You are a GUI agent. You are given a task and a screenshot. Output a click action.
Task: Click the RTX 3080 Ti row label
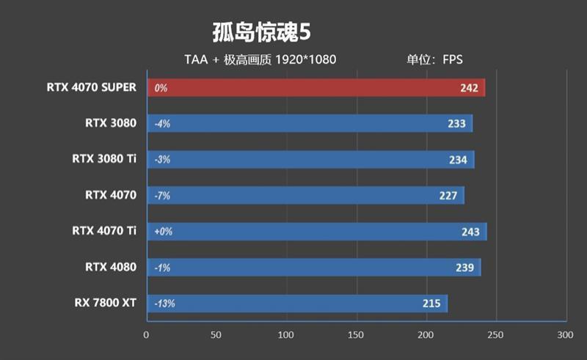tap(104, 159)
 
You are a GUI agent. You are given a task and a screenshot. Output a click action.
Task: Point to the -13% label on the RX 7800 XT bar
tap(164, 304)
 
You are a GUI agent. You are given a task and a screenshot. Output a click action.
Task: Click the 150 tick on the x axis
tap(356, 335)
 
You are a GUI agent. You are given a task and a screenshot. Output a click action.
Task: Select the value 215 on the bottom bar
tap(431, 304)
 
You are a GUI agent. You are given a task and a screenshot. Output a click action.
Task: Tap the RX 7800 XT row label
tap(105, 303)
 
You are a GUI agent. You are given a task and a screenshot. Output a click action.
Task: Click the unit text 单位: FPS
tap(435, 59)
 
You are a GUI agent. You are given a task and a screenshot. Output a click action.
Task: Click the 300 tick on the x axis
tap(564, 335)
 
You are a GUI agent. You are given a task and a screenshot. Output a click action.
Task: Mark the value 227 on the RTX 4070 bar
tap(448, 196)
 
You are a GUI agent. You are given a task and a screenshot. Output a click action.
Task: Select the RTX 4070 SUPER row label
tap(91, 87)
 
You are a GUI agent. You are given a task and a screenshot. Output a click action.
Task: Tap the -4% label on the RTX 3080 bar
tap(162, 124)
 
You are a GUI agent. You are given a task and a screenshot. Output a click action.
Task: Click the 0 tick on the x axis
tap(147, 335)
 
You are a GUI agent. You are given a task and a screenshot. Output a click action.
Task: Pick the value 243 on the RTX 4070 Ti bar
tap(470, 232)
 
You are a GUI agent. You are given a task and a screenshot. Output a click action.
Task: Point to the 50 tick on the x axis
tap(216, 335)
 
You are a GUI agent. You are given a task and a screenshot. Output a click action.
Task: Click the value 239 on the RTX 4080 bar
tap(464, 268)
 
